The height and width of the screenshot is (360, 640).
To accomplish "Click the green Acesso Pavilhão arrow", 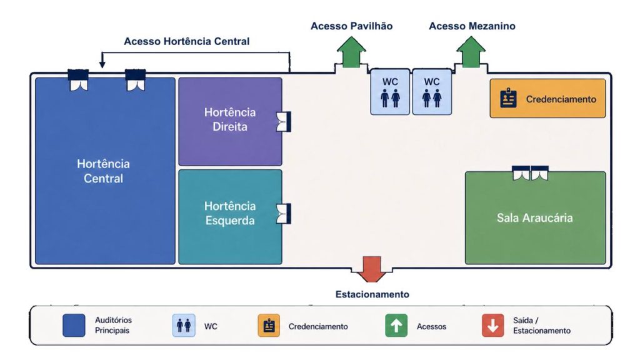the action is point(351,52).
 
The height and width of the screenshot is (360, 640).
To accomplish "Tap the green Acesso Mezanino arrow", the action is point(471,52).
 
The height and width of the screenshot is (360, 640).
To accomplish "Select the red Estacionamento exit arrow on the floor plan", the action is point(371,269).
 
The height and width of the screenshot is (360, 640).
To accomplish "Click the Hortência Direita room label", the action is point(230,119).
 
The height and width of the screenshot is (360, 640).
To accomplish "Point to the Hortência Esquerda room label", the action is point(230,213).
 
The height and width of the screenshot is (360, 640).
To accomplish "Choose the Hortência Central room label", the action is point(103,171).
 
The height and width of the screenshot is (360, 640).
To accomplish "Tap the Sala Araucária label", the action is point(535,217).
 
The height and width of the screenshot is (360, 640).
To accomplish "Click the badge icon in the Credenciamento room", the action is point(508,98).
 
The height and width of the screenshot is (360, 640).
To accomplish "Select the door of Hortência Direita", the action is point(284,122).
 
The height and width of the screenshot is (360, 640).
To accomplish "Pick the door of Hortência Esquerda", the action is point(284,214).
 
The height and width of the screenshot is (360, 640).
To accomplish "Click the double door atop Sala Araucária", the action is point(530,173).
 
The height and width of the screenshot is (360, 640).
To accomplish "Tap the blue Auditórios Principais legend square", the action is point(74,325).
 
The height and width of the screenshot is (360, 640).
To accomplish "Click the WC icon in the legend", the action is point(184,325).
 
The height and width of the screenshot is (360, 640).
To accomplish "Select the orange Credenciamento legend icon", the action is point(269,325).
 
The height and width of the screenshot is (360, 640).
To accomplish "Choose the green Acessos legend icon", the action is point(396,325).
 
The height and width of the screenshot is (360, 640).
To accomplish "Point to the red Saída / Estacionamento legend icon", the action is point(492,325).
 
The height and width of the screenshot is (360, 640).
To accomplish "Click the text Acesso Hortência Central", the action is point(186,41).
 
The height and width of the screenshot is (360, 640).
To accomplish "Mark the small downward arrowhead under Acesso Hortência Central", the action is point(102,64).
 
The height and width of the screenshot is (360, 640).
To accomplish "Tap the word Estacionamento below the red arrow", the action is point(372,294).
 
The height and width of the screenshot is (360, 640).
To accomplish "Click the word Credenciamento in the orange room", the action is point(561,99).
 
